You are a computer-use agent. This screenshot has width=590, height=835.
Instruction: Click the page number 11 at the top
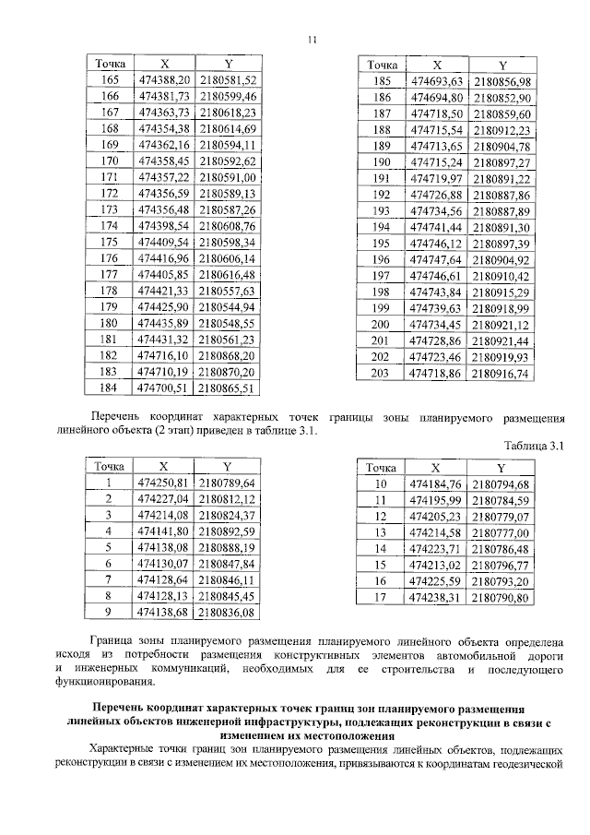tap(313, 39)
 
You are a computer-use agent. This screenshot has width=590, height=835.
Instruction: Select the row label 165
tap(110, 80)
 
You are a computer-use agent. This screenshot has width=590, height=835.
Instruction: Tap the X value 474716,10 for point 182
tap(163, 355)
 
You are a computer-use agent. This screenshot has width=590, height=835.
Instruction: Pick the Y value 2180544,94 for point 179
tap(226, 306)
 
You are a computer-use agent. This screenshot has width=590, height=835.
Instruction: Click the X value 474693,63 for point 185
tap(437, 81)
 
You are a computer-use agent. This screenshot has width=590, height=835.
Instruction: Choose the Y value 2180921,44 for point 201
tap(501, 340)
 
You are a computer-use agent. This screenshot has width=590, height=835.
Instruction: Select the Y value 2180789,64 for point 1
tap(226, 483)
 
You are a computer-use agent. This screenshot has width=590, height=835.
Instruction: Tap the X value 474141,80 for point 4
tap(163, 531)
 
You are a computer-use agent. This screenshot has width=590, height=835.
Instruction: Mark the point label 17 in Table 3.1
tap(377, 597)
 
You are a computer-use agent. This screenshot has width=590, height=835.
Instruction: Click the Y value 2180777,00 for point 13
tap(500, 532)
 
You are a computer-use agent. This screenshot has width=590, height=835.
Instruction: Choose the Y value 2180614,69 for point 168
tap(226, 128)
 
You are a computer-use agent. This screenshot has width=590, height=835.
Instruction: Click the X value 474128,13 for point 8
tap(163, 595)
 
